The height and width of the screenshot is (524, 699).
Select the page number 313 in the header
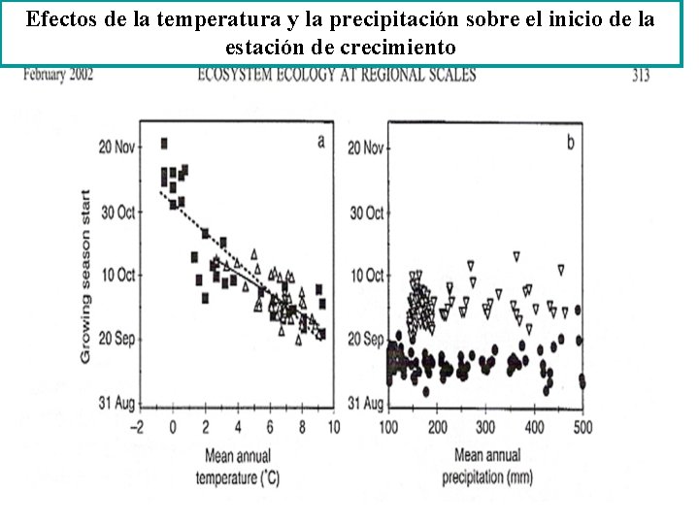point(641,75)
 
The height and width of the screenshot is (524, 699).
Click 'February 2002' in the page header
point(58,75)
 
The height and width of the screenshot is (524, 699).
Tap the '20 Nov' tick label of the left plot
point(117,147)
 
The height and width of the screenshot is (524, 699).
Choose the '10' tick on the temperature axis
point(333,427)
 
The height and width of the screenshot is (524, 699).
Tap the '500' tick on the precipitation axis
point(582,427)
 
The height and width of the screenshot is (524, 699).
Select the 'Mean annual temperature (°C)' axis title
point(237,465)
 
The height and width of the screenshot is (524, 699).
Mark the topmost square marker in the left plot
point(164,143)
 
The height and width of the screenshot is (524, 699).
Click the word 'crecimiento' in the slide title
point(400,47)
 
